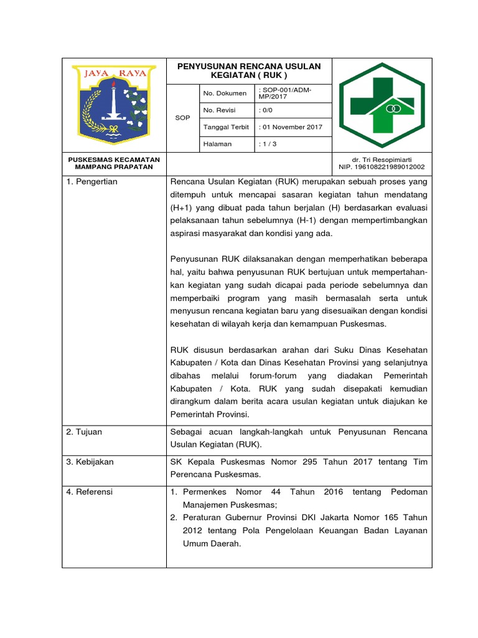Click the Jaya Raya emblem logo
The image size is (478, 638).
tap(113, 103)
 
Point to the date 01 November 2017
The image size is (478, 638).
tap(291, 127)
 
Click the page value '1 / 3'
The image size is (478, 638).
tap(265, 144)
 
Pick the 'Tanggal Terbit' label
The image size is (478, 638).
tap(227, 127)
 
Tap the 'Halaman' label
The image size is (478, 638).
tap(217, 144)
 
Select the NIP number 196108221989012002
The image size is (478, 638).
tap(382, 167)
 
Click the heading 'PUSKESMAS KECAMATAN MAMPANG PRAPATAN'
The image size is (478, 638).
tap(113, 163)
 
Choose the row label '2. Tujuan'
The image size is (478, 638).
tap(85, 432)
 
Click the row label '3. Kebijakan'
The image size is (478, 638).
tap(90, 462)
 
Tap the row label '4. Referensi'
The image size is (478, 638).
tap(90, 492)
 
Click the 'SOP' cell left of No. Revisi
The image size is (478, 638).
tap(182, 117)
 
